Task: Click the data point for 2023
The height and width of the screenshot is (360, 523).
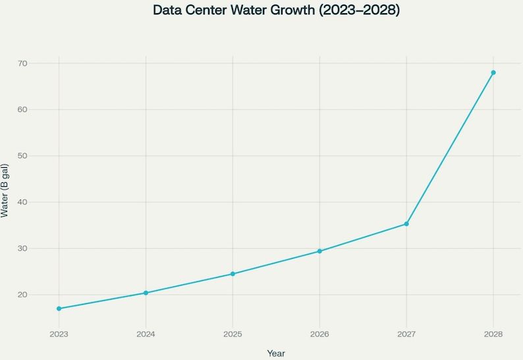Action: click(x=59, y=309)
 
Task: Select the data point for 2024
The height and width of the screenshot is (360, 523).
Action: click(x=146, y=293)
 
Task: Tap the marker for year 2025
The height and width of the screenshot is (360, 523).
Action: click(x=233, y=274)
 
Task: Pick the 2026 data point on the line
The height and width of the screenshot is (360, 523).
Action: click(x=319, y=251)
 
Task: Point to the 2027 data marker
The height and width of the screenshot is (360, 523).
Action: click(x=406, y=224)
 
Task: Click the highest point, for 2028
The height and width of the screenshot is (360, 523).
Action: click(x=493, y=72)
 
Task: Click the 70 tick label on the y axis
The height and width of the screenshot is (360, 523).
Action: click(x=40, y=63)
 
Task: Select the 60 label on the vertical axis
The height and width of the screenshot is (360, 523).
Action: click(x=40, y=109)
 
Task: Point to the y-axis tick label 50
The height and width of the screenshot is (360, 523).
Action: click(x=40, y=156)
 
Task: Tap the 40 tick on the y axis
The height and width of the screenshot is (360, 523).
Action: click(x=40, y=202)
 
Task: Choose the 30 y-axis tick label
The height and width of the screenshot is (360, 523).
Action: click(x=40, y=249)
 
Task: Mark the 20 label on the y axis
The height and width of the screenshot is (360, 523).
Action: click(x=40, y=295)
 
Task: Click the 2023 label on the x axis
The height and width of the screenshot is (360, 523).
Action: click(x=59, y=334)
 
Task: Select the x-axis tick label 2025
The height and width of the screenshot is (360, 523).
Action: click(x=233, y=334)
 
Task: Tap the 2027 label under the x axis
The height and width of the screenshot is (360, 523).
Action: click(x=406, y=334)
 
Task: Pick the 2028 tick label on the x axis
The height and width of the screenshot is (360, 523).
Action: click(x=493, y=334)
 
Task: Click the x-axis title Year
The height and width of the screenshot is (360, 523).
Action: click(x=276, y=353)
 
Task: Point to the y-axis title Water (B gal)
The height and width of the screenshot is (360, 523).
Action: click(x=5, y=191)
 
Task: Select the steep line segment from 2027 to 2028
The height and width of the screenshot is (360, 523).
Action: click(x=450, y=148)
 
